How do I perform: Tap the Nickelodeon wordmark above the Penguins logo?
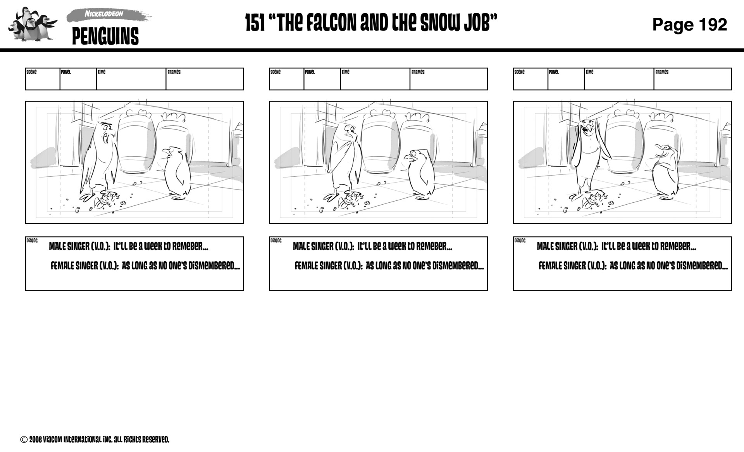coord(104,14)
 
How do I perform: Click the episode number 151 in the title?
coord(255,23)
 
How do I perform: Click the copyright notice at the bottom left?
coord(95,440)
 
